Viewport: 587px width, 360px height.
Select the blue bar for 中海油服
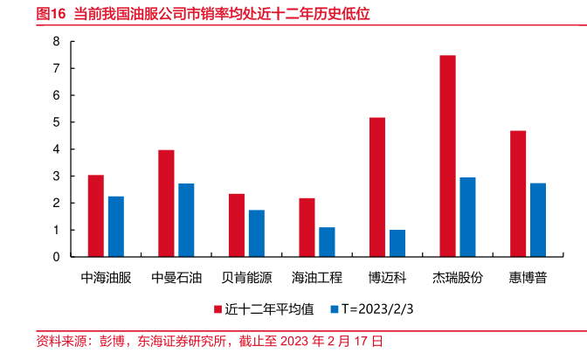[x=116, y=226]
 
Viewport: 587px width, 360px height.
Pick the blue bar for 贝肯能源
[x=256, y=233]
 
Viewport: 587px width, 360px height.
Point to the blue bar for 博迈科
[x=397, y=243]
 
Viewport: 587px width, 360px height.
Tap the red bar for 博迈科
[x=377, y=187]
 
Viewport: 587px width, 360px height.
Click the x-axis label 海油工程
[x=316, y=278]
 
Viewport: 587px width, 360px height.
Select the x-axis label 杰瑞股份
[x=458, y=278]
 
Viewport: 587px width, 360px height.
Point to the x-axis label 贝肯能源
[x=246, y=278]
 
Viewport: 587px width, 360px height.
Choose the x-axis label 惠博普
[x=528, y=278]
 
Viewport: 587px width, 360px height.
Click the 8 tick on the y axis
[x=57, y=41]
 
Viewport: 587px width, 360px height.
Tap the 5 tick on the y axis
[x=57, y=122]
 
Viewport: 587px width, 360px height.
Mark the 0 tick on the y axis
[x=57, y=257]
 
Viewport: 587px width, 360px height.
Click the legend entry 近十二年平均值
[x=263, y=308]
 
